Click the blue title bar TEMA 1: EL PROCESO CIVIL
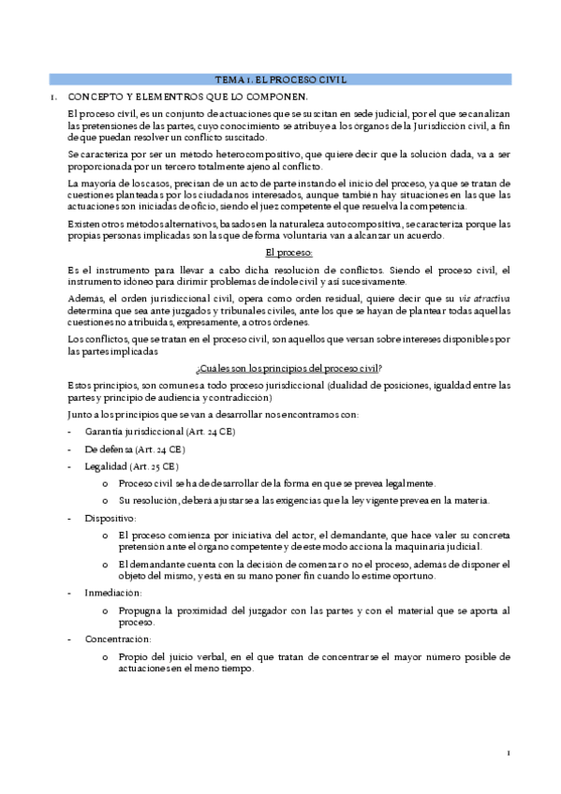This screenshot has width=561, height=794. click(281, 81)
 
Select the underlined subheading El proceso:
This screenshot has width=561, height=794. click(288, 253)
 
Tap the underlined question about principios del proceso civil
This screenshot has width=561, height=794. click(288, 367)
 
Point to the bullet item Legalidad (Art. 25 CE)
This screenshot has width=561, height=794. click(131, 466)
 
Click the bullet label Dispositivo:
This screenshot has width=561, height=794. click(110, 518)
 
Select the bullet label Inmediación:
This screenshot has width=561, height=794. click(113, 593)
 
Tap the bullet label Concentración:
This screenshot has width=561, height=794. click(118, 639)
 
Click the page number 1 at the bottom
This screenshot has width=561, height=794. click(508, 753)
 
